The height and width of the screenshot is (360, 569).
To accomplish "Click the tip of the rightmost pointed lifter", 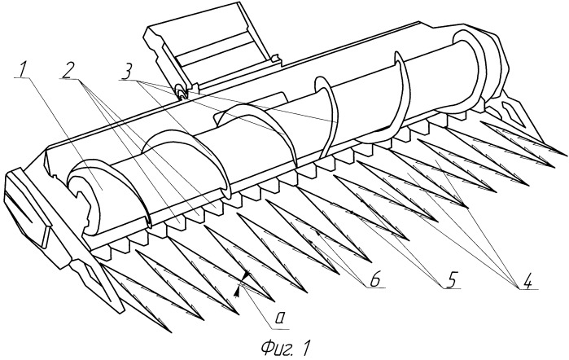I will [562, 154].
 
